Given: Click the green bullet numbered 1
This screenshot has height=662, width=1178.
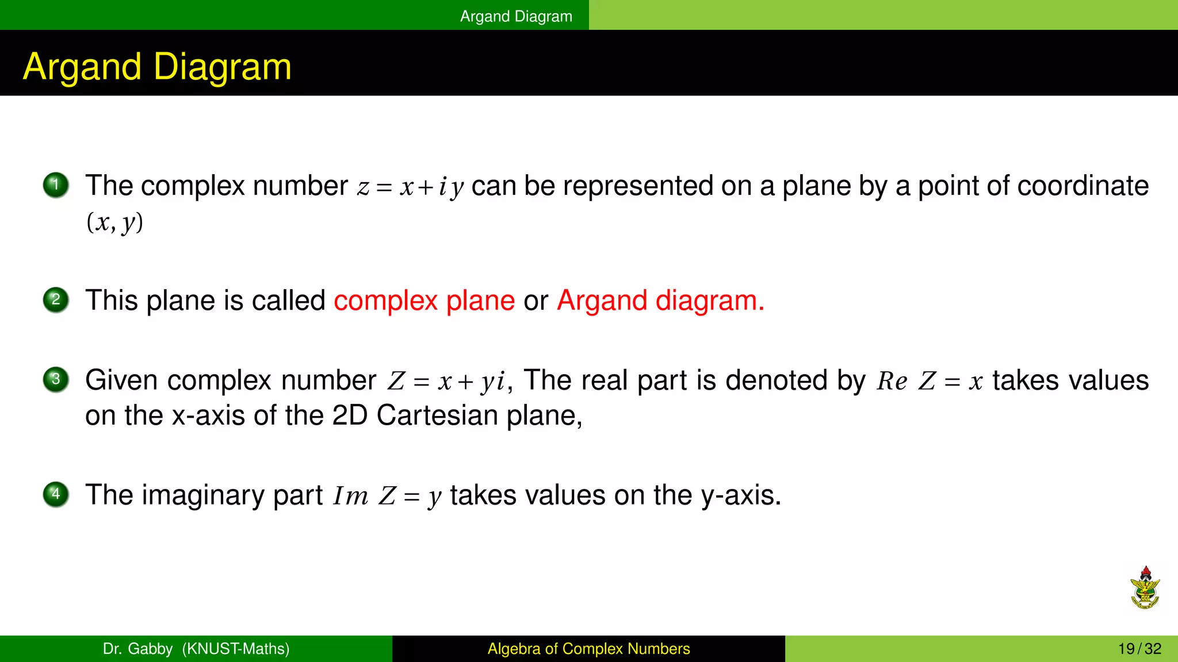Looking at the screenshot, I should coord(56,185).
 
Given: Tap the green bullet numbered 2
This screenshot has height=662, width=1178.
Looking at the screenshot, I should coord(56,299).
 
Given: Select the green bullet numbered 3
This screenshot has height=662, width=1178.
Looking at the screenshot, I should coord(56,379).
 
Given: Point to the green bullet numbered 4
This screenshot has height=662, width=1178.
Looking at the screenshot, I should coord(56,494).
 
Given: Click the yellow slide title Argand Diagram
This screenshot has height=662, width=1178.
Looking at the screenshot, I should coord(157,67).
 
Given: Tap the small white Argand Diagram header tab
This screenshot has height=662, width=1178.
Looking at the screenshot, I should coord(516,16).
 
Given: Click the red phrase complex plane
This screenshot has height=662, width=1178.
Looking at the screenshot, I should coord(424,301).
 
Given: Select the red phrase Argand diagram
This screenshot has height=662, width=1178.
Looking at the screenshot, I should coord(660,301).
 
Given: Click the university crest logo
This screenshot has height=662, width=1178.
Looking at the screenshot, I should coord(1145,588).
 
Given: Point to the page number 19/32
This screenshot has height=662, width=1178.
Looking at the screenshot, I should coord(1139,649).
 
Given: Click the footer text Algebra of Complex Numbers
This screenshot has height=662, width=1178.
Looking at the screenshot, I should coord(588,649).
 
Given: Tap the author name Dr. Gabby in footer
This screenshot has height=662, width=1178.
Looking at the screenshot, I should coord(137,649).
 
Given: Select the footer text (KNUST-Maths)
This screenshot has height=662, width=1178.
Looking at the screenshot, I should coord(236,649).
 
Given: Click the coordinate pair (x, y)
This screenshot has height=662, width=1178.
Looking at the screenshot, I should coord(114,222).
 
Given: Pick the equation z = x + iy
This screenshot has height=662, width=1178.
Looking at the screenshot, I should coord(410,187).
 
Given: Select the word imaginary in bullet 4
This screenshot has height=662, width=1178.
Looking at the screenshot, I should coord(204,495).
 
